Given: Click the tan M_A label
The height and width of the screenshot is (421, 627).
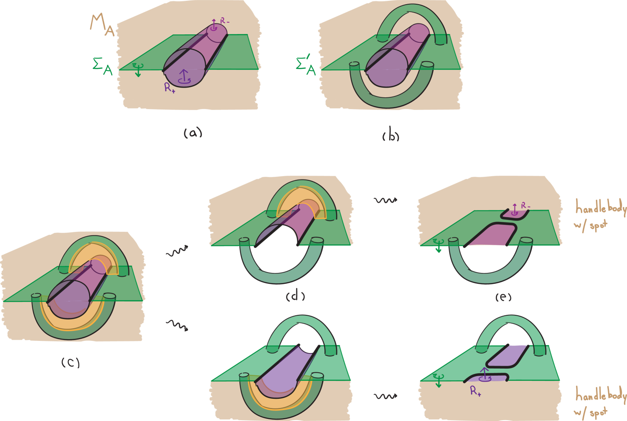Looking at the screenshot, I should point(102,26).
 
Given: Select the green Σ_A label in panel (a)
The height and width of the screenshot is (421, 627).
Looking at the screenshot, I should point(102,67).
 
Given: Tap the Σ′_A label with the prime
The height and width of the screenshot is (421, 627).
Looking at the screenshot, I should point(306,66).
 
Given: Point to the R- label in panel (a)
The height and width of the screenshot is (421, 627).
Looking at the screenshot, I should point(225,20).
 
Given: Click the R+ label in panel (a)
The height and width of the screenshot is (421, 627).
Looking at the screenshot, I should point(169,88).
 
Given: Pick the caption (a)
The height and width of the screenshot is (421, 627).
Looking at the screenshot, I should point(193,133).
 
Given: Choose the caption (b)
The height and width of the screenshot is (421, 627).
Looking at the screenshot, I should point(391,136).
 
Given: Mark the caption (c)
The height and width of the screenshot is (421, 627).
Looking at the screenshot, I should point(70,362).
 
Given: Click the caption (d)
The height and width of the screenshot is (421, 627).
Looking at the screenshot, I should point(295,296).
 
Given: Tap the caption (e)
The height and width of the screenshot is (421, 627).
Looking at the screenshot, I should point(503,297).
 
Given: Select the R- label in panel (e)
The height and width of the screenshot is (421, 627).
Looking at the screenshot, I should point(526,206).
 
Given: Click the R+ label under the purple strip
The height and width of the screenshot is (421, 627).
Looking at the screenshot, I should point(475,391).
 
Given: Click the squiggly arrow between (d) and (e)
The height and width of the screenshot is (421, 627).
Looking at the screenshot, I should point(385,200).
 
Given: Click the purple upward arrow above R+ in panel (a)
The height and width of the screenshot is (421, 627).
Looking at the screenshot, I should point(183,76).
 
